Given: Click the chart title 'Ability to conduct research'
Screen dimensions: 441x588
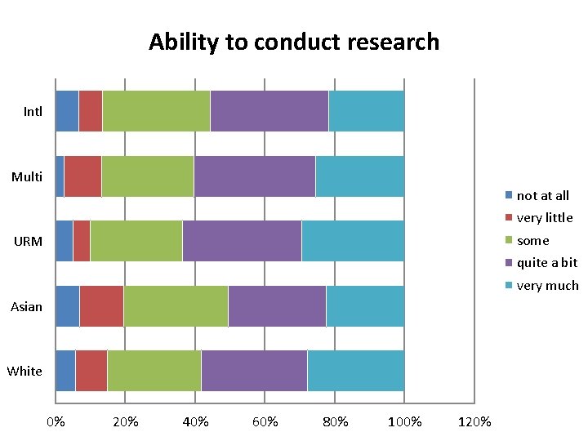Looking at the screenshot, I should [x=294, y=42].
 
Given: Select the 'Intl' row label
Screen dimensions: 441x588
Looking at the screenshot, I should [x=33, y=111].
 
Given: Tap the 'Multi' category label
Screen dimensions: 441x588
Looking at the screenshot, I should [x=27, y=176].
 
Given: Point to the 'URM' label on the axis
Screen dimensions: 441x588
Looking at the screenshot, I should [x=29, y=241].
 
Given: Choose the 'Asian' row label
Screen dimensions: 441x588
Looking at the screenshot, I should [x=26, y=306].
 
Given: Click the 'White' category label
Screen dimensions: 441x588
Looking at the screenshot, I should [x=24, y=371].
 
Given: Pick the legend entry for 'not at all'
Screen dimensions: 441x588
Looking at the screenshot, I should [x=542, y=195].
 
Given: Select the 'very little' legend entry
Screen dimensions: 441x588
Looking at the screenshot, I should [x=544, y=218].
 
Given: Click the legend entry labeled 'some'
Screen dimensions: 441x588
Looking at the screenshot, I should [x=532, y=241].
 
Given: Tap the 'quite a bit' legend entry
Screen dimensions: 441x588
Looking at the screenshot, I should [x=546, y=263].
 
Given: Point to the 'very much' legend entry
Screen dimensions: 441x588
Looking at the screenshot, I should [x=547, y=286].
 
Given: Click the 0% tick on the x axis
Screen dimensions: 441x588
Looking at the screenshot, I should [x=56, y=422].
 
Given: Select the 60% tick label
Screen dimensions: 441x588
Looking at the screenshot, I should [x=265, y=422].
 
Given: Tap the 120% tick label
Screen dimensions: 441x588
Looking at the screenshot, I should [x=474, y=422].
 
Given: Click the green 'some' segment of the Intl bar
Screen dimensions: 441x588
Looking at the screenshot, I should [x=156, y=111].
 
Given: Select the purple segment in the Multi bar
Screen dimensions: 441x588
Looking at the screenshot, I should [x=255, y=176].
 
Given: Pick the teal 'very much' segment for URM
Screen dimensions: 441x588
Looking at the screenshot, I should [x=353, y=241].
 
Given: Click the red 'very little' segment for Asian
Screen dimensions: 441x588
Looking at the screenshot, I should [x=101, y=306].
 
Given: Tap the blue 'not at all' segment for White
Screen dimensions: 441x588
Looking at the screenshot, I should [x=65, y=371].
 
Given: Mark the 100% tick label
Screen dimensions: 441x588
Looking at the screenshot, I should [x=405, y=422].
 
